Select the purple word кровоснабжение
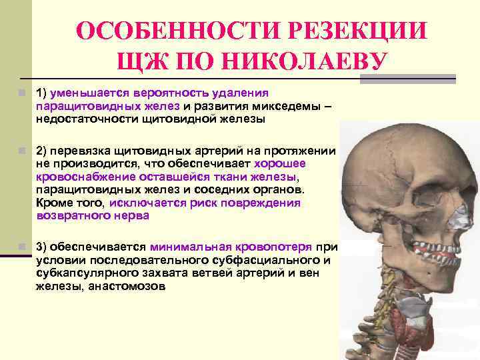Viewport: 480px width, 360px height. [x=86, y=177]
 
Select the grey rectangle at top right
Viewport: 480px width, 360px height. [x=407, y=79]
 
